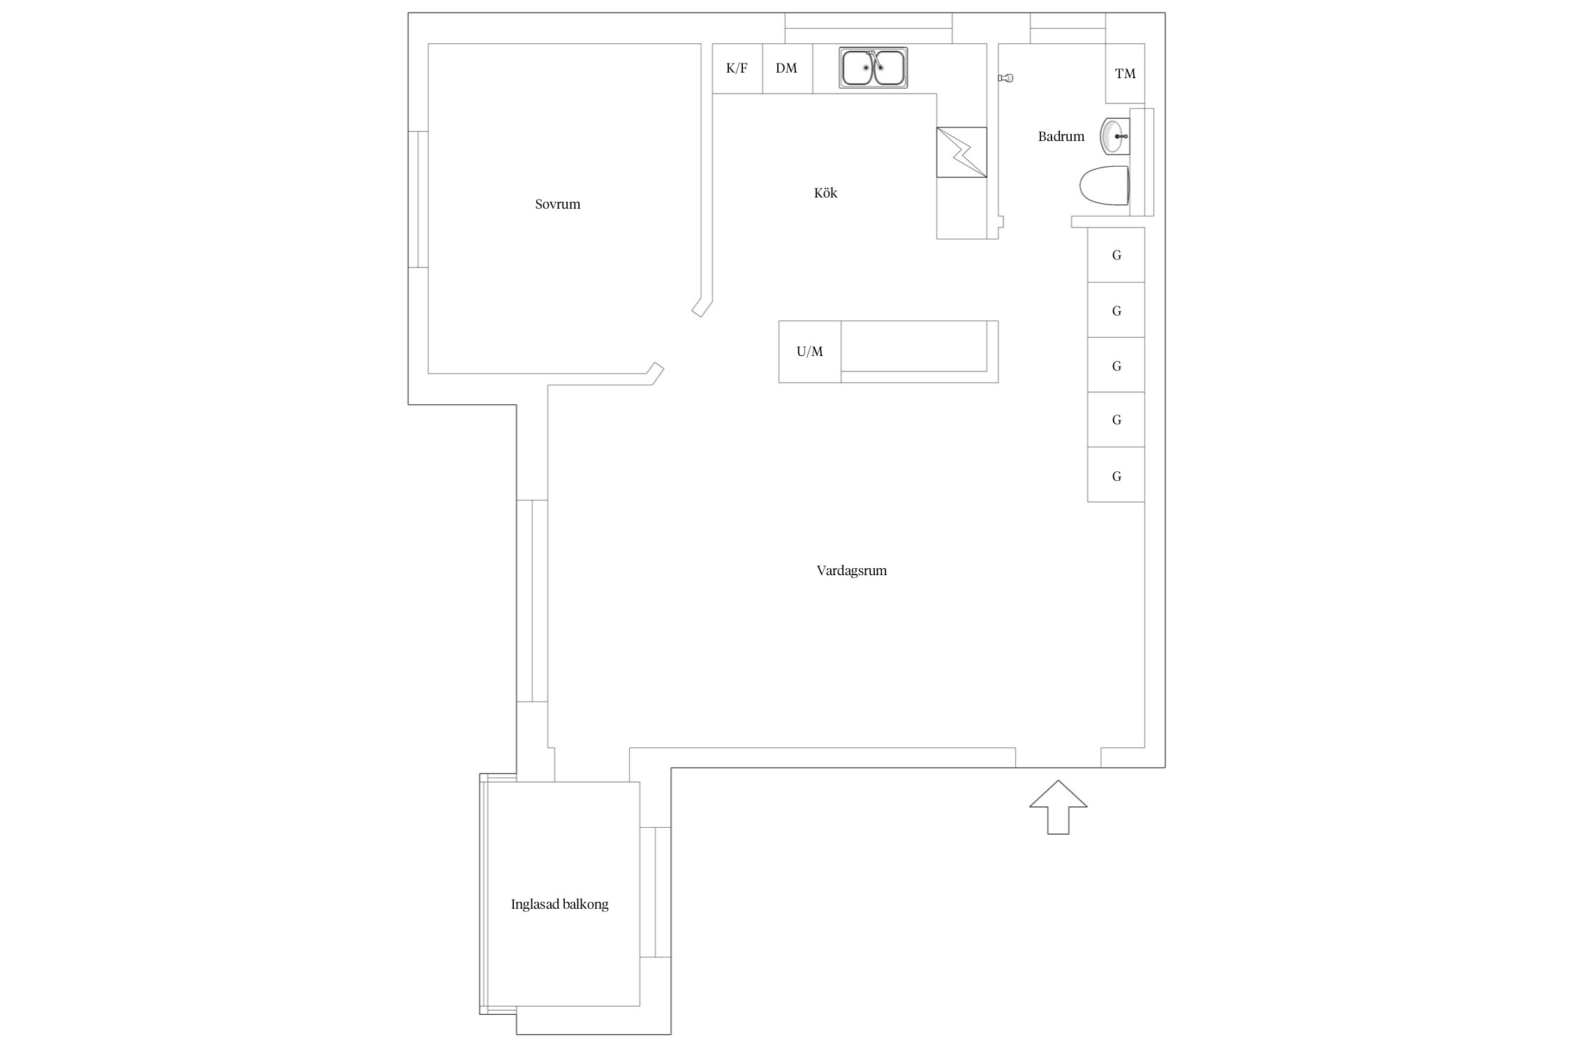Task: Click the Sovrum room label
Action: (557, 205)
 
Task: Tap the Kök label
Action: (825, 193)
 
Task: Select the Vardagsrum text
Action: (852, 571)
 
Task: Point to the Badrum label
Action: (1061, 137)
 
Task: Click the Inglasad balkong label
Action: (560, 905)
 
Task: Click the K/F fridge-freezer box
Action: (737, 68)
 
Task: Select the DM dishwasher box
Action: (788, 68)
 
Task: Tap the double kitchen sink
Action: (873, 68)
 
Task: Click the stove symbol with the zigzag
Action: (961, 152)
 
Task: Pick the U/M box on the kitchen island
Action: (810, 352)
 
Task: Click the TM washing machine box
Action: (1125, 74)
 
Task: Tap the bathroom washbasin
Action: (1115, 136)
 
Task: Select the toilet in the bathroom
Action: (1105, 186)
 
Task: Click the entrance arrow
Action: (1058, 808)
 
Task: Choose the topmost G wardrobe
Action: (1116, 255)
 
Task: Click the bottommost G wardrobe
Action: (1116, 475)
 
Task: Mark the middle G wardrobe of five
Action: (1116, 365)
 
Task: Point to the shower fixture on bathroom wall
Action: (1005, 78)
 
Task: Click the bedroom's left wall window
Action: (418, 200)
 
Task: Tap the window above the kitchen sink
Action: (869, 29)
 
